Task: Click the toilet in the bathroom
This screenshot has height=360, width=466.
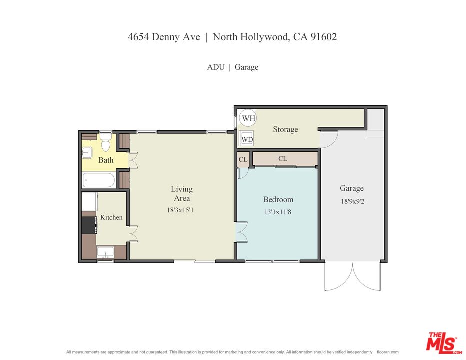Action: point(105,143)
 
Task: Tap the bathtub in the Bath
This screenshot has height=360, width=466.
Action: point(99,180)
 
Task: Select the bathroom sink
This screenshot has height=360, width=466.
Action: point(87,152)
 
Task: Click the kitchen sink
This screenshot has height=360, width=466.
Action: point(105,252)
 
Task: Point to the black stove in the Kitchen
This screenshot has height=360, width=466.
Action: point(89,225)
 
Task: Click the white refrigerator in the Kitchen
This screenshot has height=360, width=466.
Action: point(89,202)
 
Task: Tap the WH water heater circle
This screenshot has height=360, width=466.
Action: point(248,118)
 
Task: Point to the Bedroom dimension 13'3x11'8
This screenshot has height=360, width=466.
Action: point(278,211)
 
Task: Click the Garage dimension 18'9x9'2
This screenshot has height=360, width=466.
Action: point(352,201)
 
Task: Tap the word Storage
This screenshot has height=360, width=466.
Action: point(285,129)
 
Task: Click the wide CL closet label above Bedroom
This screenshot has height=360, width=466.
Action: point(282,159)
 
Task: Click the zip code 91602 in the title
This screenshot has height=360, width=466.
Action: point(323,37)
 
